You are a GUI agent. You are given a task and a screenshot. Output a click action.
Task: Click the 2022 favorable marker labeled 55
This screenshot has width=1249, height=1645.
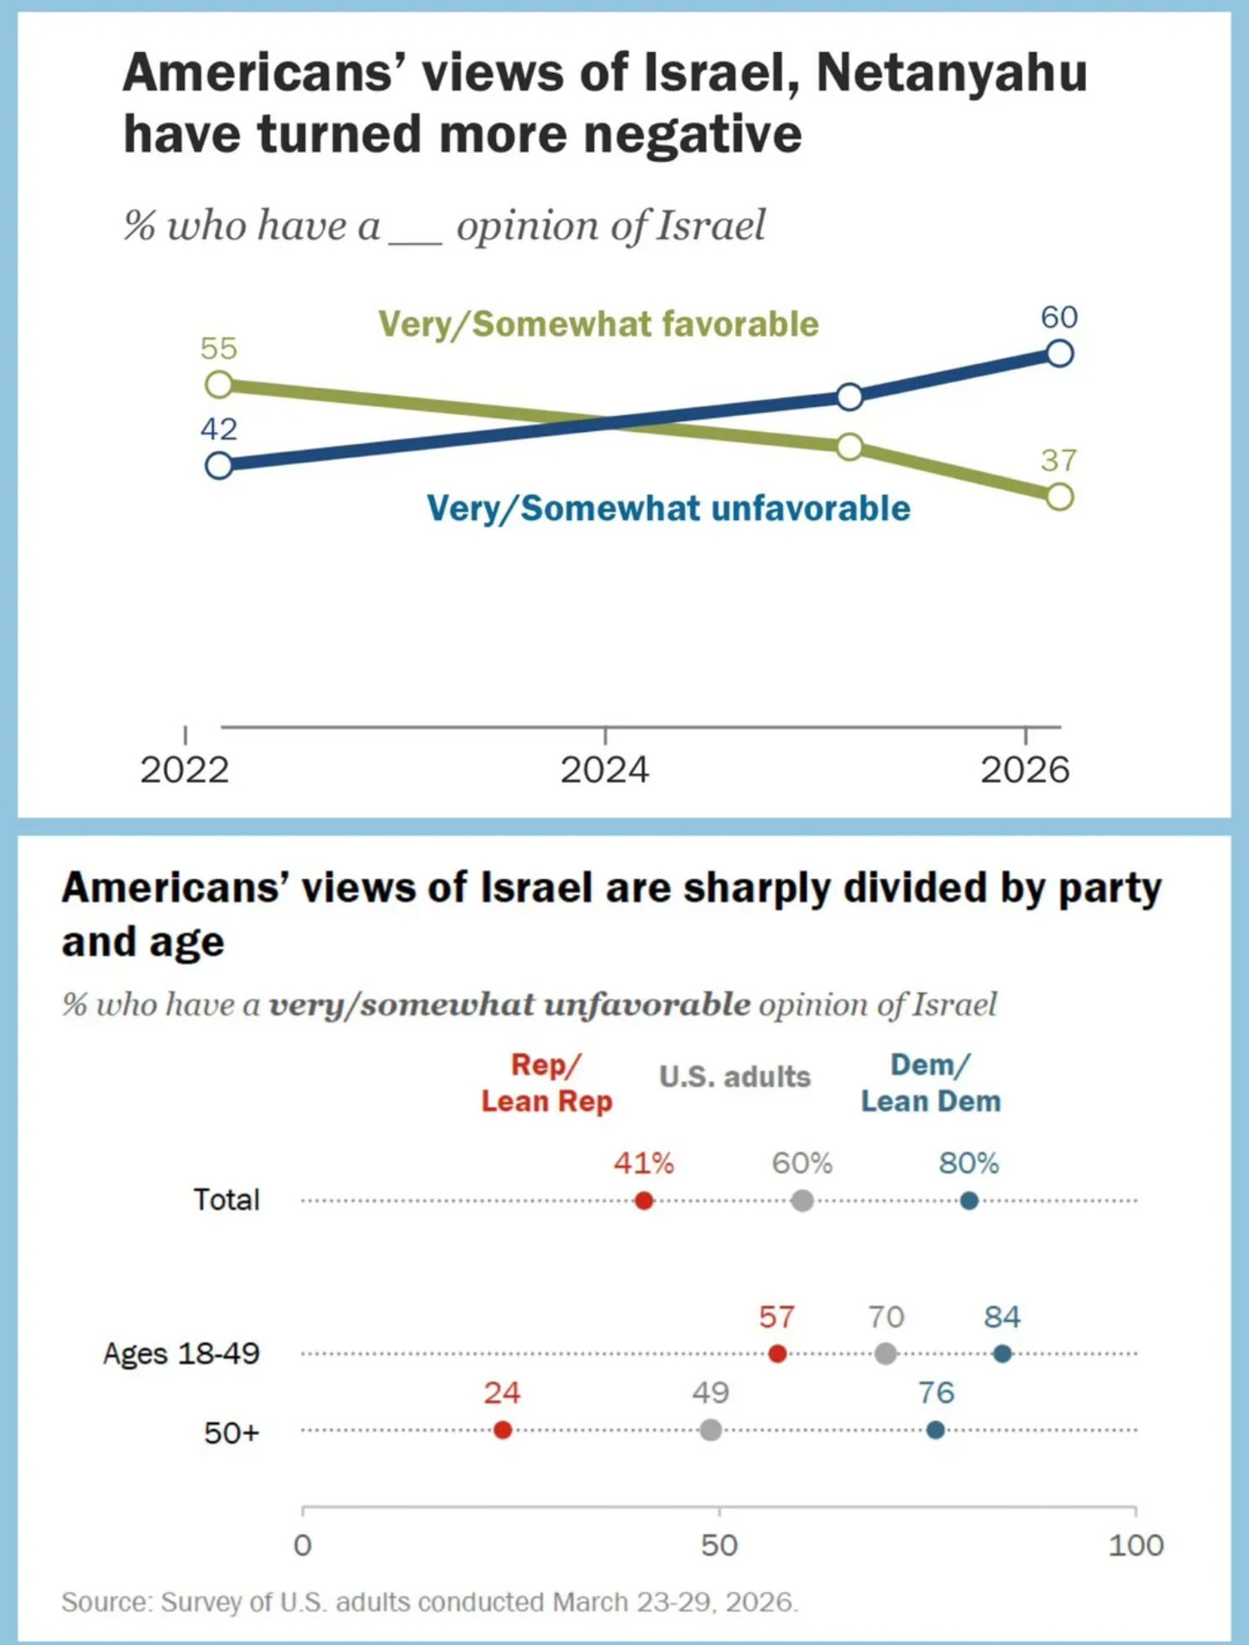[219, 384]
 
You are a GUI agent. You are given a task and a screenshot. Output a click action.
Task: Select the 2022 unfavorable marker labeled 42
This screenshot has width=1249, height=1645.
[219, 465]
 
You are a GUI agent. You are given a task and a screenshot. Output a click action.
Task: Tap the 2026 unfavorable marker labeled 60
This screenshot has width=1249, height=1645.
[1060, 353]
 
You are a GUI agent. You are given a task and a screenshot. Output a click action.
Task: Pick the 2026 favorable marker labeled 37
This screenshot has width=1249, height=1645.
[1060, 497]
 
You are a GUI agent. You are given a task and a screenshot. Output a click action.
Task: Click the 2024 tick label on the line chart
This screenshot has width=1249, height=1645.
[604, 770]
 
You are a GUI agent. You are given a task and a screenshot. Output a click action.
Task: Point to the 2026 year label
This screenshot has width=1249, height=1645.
[1025, 770]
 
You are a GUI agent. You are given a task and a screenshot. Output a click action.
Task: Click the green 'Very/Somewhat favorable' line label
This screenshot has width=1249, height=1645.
[598, 324]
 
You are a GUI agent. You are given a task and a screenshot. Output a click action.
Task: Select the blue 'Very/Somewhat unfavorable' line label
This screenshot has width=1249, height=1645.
[668, 509]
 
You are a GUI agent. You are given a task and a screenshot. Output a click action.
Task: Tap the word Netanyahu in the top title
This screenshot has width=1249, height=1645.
[952, 72]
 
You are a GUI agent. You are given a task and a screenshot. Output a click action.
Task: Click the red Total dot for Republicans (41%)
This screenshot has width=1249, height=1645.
[644, 1201]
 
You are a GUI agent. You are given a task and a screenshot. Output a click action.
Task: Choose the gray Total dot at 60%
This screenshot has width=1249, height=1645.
[802, 1201]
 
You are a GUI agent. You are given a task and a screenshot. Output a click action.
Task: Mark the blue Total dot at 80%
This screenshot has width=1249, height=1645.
[969, 1201]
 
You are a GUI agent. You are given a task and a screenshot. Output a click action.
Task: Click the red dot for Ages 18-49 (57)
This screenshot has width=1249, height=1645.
[777, 1354]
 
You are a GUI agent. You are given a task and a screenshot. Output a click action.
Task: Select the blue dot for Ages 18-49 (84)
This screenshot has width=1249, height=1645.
[1002, 1354]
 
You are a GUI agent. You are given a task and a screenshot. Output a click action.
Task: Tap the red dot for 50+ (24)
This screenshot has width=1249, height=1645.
[503, 1430]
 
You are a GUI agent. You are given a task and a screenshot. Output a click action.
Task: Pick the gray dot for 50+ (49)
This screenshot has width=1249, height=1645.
[711, 1430]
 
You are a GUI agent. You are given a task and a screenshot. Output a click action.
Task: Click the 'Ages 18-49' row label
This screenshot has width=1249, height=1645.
[181, 1354]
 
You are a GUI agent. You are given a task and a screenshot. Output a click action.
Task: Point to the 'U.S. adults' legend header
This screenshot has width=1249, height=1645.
[734, 1077]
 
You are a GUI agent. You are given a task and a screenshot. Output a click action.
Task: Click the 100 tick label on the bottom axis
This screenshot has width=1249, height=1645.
[1136, 1545]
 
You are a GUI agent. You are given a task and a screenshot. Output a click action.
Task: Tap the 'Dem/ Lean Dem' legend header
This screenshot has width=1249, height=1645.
[931, 1083]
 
